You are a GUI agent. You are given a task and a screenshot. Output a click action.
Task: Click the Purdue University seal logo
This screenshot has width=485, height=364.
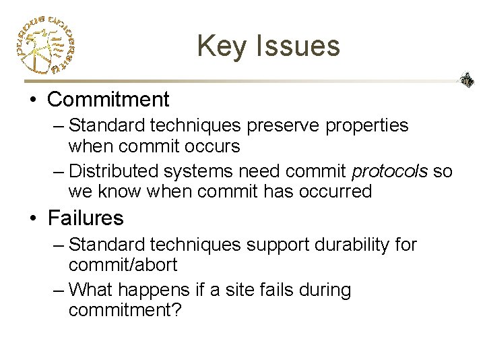(x=44, y=45)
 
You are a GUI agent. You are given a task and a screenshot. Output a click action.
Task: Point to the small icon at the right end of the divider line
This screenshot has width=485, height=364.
(x=466, y=80)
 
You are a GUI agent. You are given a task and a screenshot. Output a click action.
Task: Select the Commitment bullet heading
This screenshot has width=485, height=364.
(x=108, y=100)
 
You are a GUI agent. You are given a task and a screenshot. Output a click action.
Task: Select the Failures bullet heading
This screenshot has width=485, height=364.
(x=86, y=218)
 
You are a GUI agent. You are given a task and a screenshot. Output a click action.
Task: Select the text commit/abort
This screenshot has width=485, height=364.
(x=123, y=265)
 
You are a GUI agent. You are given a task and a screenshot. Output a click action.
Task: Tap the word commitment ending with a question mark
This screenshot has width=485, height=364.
(x=125, y=311)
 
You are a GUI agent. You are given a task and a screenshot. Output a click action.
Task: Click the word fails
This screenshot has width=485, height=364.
(x=286, y=291)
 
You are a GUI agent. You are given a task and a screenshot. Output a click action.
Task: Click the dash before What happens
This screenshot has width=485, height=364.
(x=59, y=291)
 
